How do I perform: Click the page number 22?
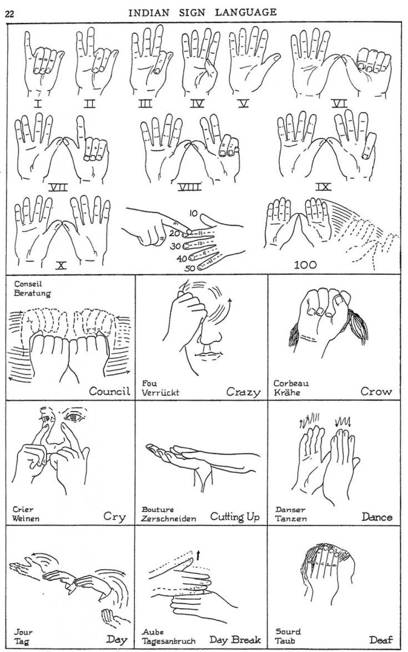pos(9,14)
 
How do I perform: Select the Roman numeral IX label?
pos(324,187)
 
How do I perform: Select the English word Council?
pos(110,391)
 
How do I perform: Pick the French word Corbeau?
pos(291,383)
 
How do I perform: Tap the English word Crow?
pos(376,391)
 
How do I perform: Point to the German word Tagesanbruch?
pos(169,641)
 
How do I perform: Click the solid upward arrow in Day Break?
pos(198,552)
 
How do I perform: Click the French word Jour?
pos(24,632)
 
